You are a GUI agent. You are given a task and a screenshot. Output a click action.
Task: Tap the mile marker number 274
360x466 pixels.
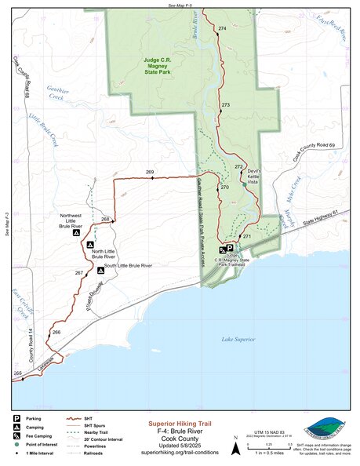click(222, 28)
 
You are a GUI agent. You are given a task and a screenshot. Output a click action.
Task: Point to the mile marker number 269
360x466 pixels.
click(150, 172)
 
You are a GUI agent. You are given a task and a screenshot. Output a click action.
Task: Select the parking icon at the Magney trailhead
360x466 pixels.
click(230, 247)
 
